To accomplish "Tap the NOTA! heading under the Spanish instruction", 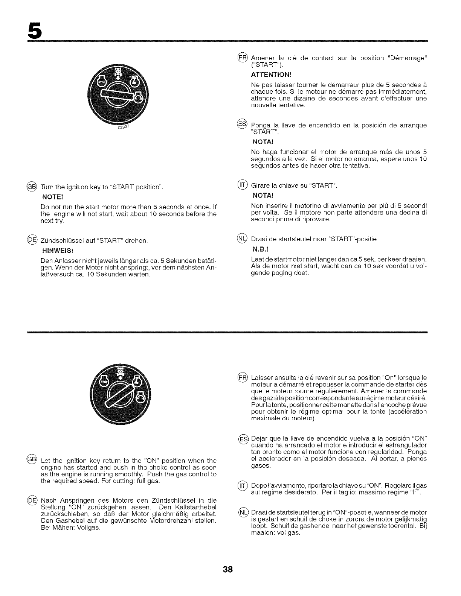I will pos(262,142).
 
